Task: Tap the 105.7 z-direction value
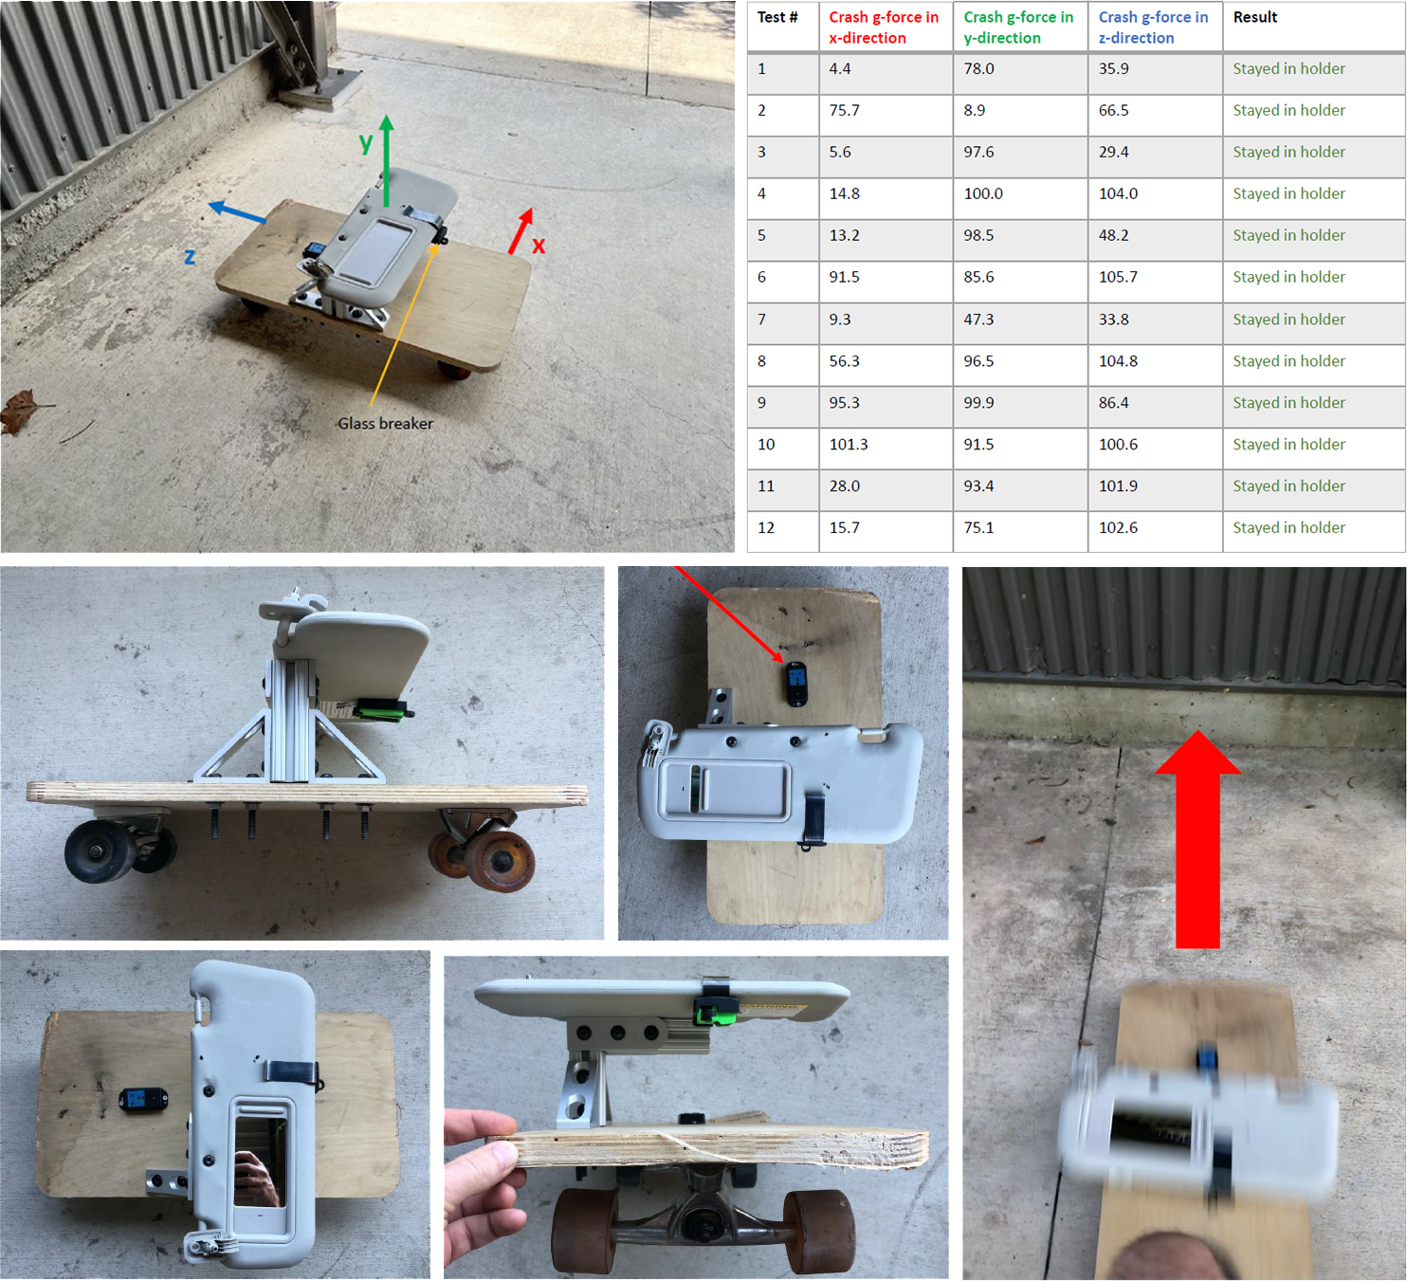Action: [1118, 277]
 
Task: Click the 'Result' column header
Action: [1254, 17]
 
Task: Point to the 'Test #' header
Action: [777, 17]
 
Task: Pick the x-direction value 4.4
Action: [840, 69]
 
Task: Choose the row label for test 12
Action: [766, 527]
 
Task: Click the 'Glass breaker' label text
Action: [385, 424]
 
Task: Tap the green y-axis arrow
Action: [387, 160]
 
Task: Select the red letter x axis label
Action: [538, 245]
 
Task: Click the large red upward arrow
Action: [1197, 839]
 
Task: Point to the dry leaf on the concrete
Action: [23, 411]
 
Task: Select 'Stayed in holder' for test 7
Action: [1288, 320]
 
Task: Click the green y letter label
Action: [365, 142]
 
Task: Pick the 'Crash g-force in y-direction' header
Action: [1017, 27]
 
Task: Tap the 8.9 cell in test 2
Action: [975, 110]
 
